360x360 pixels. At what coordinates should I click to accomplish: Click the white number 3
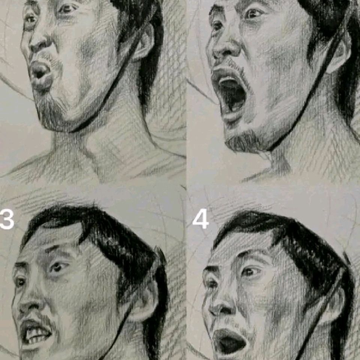point(6,220)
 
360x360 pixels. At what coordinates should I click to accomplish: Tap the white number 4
point(201,220)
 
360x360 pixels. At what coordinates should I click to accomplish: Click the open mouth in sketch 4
point(229,342)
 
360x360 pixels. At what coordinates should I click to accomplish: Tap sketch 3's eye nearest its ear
point(57,267)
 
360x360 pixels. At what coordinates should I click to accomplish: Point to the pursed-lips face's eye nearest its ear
point(67,9)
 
